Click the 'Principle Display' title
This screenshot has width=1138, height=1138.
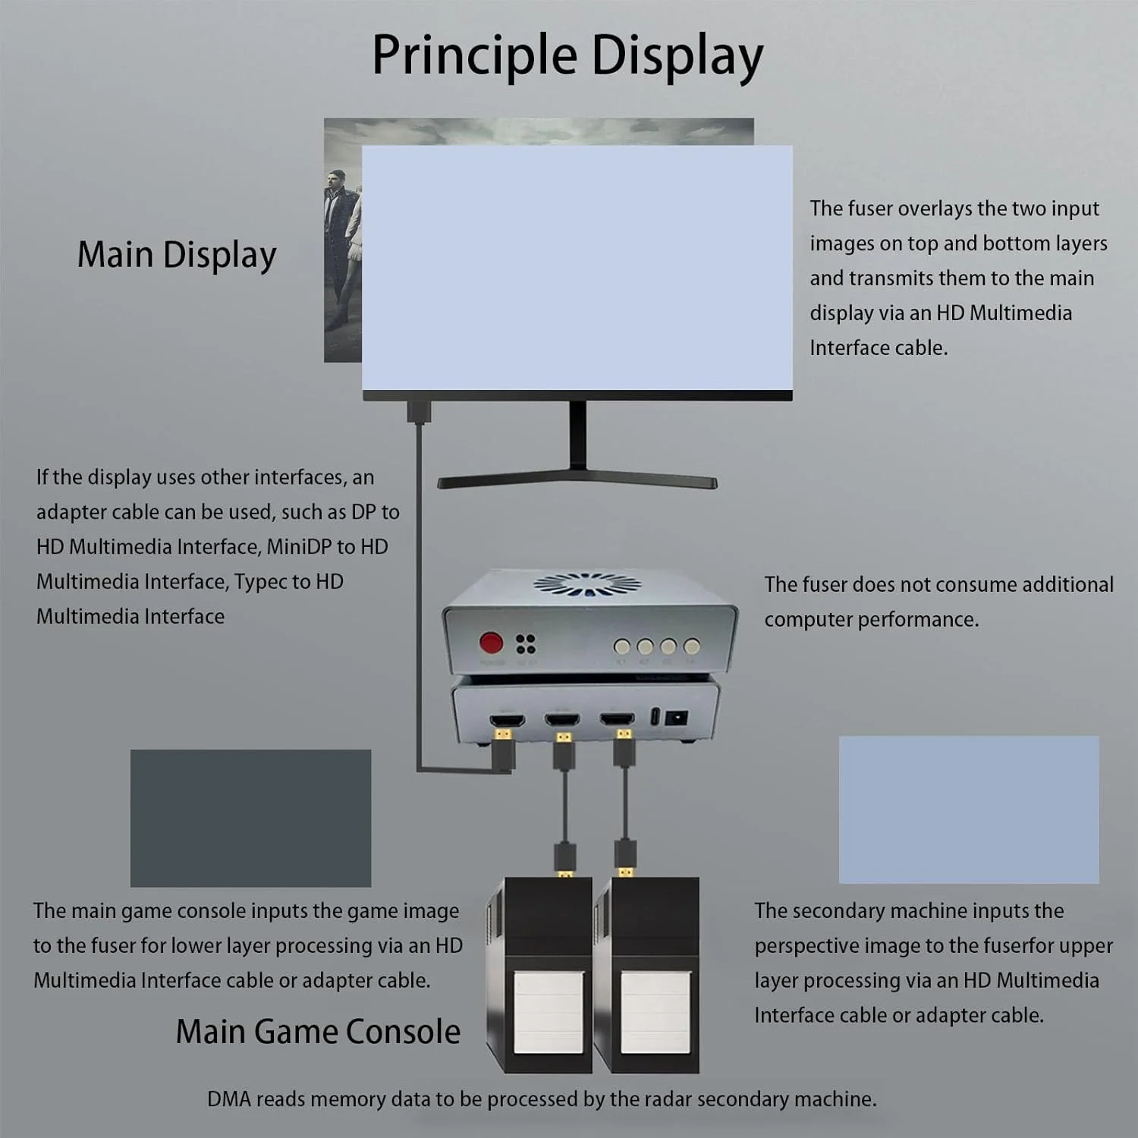pos(567,56)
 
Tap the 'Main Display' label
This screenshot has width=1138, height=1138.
pos(177,255)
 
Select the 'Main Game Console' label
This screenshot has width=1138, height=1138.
pos(318,1032)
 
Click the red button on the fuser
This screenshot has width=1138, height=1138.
pos(491,643)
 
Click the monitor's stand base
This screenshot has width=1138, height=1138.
pos(577,481)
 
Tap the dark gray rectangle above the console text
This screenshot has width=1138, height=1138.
pos(250,818)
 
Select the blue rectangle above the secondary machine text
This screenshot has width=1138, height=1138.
pos(969,809)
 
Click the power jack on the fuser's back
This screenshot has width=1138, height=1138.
pos(676,717)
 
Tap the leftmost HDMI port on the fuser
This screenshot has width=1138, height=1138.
pos(507,719)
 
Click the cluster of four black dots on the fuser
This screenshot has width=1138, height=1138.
pos(526,644)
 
